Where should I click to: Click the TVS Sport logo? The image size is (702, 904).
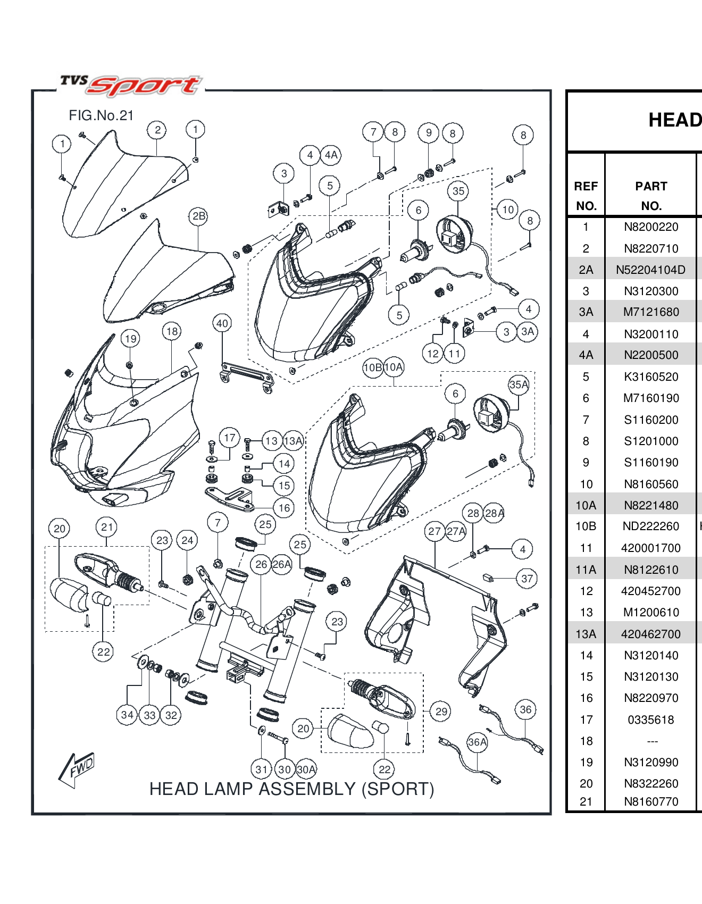(131, 85)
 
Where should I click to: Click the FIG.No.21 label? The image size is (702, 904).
(101, 115)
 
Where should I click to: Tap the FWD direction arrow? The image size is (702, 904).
(78, 769)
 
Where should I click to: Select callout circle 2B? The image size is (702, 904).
(198, 216)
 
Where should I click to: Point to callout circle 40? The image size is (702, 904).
(222, 323)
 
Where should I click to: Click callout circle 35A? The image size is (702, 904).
(519, 384)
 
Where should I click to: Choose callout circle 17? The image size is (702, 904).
(229, 438)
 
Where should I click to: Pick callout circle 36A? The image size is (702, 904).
(477, 742)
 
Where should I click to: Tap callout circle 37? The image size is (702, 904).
(526, 579)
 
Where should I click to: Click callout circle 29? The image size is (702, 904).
(441, 712)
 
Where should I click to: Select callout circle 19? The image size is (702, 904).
(130, 339)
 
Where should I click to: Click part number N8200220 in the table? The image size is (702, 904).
(651, 227)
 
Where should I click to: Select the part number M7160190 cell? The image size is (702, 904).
(651, 398)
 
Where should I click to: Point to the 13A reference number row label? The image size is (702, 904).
(586, 634)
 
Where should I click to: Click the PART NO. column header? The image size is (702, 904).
(651, 196)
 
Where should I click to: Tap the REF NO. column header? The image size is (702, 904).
(586, 196)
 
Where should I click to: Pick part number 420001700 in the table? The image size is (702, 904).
(651, 548)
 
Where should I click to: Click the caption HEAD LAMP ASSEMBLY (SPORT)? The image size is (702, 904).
(291, 789)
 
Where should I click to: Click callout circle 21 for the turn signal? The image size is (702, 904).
(107, 527)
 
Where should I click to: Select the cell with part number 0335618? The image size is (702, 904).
(651, 720)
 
